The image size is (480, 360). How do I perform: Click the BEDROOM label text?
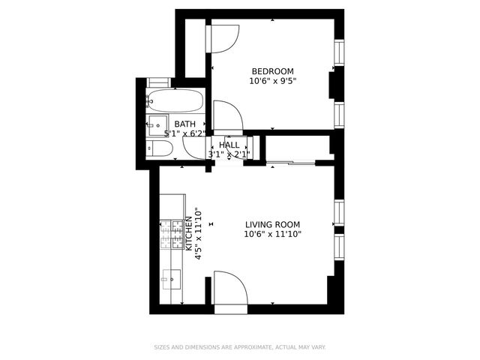pyautogui.click(x=273, y=71)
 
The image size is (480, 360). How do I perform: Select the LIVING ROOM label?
pyautogui.click(x=273, y=224)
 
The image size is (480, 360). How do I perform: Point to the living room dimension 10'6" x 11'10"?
pyautogui.click(x=273, y=234)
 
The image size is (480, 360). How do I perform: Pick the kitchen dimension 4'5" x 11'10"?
pyautogui.click(x=198, y=233)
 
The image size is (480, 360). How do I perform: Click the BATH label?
pyautogui.click(x=185, y=124)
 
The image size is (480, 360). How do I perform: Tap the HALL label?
pyautogui.click(x=229, y=145)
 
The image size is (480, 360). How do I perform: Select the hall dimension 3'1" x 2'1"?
pyautogui.click(x=229, y=154)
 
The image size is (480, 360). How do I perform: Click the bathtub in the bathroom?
pyautogui.click(x=174, y=99)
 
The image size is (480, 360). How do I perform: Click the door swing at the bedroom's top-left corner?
pyautogui.click(x=223, y=37)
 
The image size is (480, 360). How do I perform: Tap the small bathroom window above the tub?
pyautogui.click(x=159, y=81)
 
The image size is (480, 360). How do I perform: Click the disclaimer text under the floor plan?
pyautogui.click(x=240, y=347)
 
